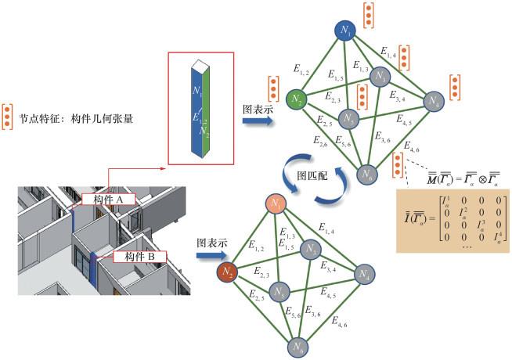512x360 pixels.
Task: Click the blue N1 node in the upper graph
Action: point(345,30)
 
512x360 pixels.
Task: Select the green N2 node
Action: point(296,99)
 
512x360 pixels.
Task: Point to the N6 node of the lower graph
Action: point(297,346)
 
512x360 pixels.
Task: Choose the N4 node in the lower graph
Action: point(362,275)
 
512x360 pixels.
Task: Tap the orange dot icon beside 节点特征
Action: point(8,115)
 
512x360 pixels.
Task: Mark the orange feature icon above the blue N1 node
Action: point(367,14)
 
